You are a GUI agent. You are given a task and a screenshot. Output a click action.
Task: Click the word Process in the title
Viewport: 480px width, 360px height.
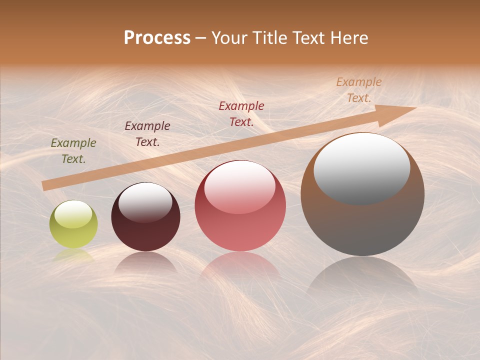coord(157,38)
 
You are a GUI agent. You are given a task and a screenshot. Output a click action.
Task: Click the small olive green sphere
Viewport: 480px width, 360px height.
coord(73,224)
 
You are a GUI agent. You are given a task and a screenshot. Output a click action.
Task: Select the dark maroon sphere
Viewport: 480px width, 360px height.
coord(145,217)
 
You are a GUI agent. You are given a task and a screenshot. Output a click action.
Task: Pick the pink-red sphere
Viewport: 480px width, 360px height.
coord(240,206)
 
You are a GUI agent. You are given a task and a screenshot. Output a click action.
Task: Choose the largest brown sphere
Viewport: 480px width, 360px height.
coord(362,194)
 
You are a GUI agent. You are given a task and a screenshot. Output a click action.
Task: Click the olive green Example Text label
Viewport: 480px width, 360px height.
coord(73,151)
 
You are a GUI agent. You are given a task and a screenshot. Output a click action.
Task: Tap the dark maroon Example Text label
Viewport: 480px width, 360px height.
coord(147,134)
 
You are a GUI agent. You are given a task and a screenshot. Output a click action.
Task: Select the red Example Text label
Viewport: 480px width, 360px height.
coord(241,113)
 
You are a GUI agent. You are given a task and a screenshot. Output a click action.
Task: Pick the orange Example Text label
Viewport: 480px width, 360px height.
coord(359,90)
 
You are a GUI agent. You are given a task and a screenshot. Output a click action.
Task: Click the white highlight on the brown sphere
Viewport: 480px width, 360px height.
coord(361,167)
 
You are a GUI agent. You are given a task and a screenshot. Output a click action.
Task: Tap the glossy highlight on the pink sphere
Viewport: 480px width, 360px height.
coord(240,187)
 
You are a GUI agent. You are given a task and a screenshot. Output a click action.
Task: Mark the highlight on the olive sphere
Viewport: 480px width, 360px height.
coord(73,214)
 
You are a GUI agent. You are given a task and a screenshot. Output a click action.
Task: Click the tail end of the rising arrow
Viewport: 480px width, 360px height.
coord(45,185)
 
